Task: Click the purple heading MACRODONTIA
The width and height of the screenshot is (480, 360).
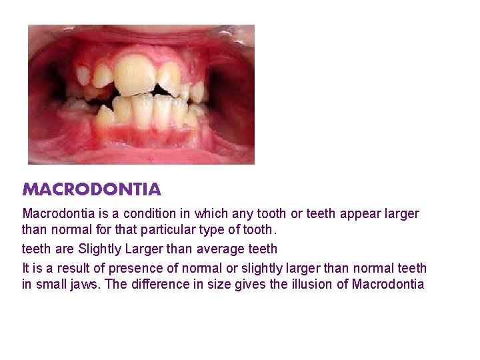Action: click(x=92, y=189)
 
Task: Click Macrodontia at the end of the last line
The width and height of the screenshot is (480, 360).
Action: click(x=387, y=285)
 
